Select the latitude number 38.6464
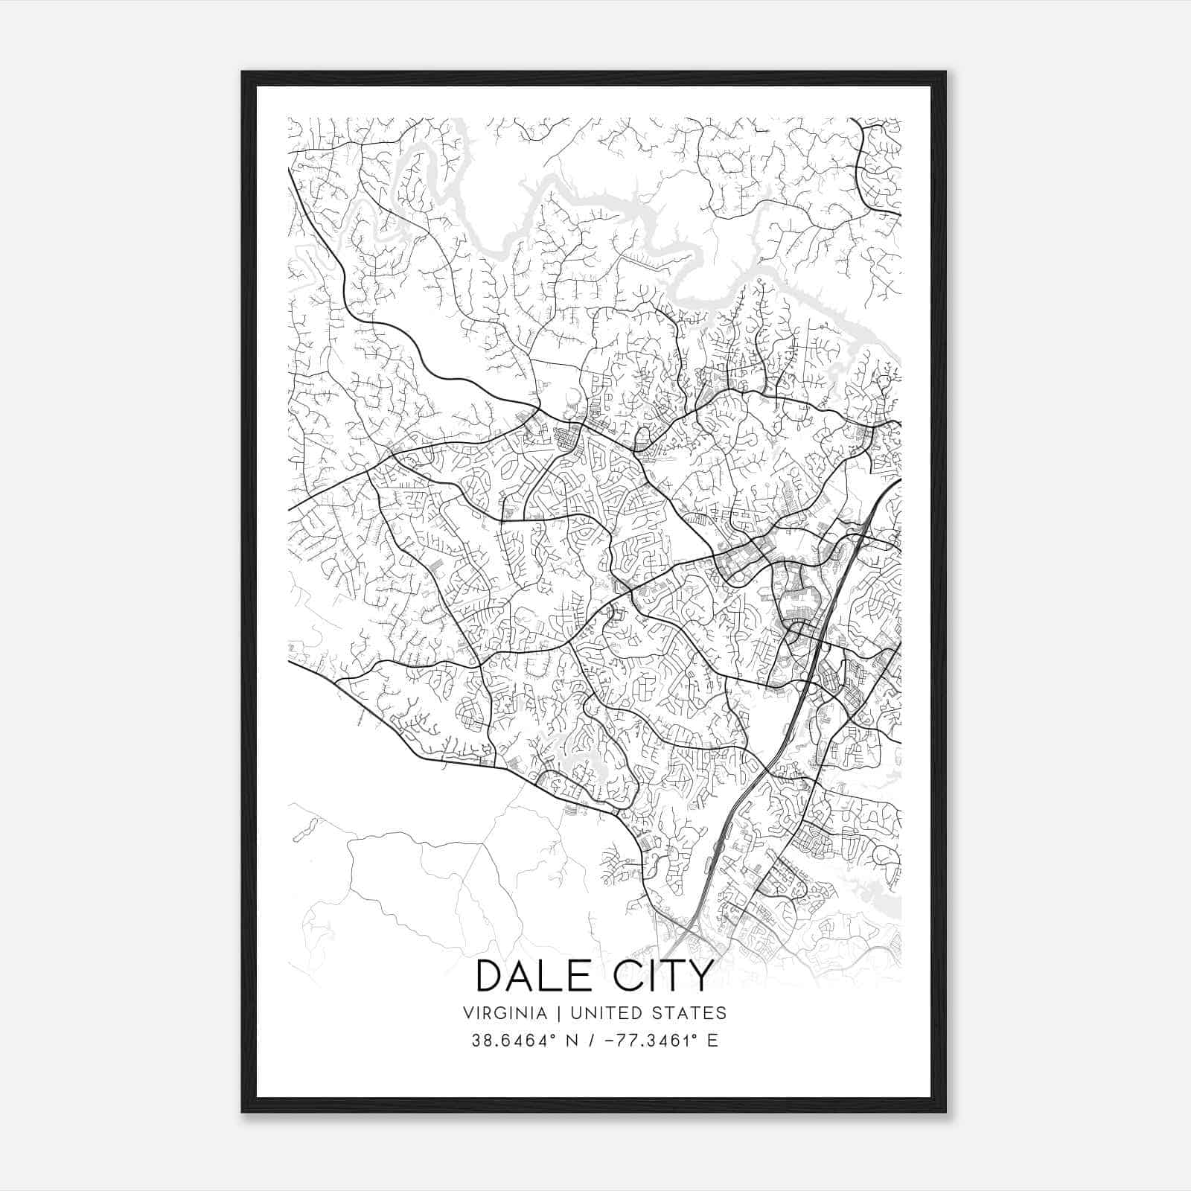(x=504, y=1041)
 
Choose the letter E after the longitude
(x=712, y=1041)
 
